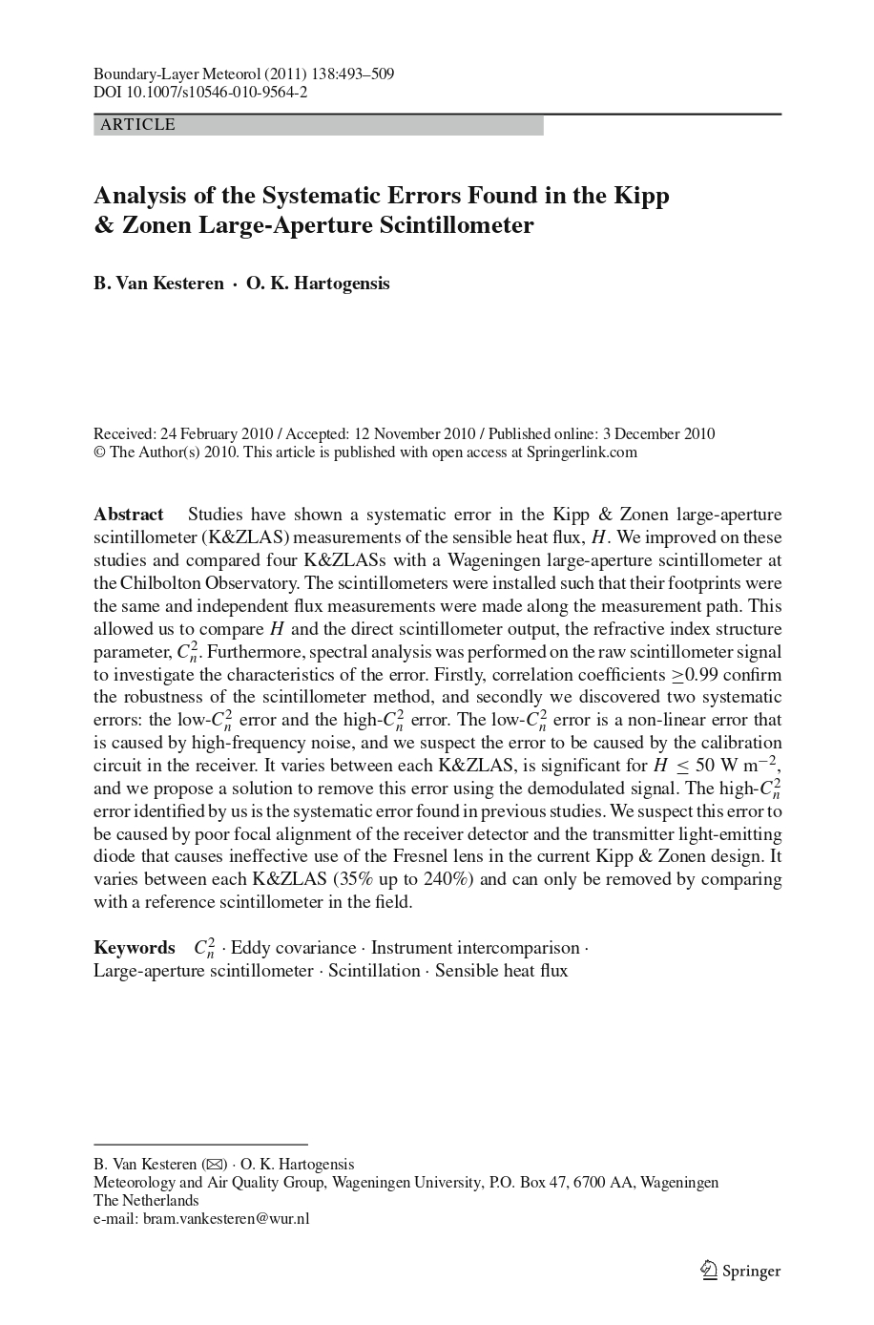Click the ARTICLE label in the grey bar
[x=137, y=125]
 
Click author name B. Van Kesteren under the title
[x=158, y=284]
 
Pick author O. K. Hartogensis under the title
[x=318, y=284]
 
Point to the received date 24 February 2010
[x=214, y=434]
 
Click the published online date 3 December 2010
[x=658, y=434]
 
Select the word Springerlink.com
[x=581, y=452]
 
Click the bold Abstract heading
[x=129, y=515]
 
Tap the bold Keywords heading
[x=135, y=948]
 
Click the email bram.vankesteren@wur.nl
[x=226, y=1219]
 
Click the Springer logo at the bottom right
[x=740, y=1271]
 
